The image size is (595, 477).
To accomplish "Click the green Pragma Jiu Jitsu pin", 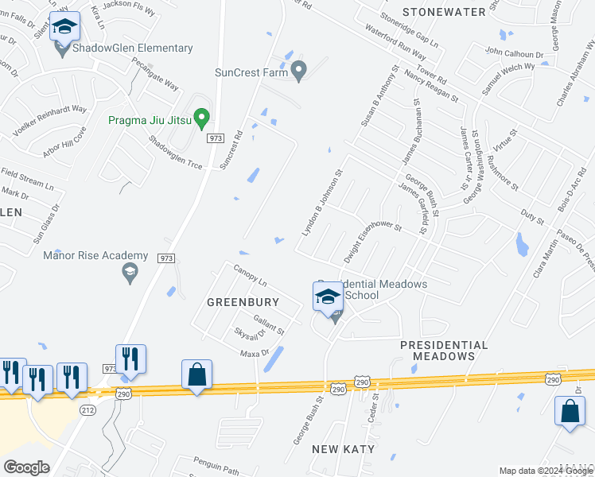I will click(201, 119).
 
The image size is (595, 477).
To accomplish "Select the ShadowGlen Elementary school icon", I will click(64, 28).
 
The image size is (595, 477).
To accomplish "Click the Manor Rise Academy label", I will click(95, 255).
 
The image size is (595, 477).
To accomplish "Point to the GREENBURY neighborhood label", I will click(243, 302).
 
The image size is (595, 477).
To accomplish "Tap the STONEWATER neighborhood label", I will click(444, 12).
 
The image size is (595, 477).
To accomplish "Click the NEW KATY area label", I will click(343, 449).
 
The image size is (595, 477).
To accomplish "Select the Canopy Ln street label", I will click(250, 276).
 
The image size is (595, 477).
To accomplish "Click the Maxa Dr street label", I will click(255, 352).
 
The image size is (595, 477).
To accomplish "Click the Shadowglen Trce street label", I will click(175, 151).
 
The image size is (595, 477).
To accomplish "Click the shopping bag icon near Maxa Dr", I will click(196, 374).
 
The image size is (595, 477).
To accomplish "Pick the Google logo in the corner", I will click(26, 467).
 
